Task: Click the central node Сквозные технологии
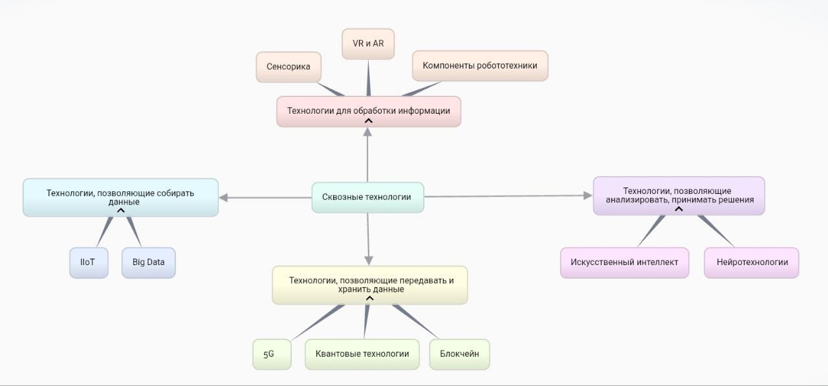pyautogui.click(x=367, y=197)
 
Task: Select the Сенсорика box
pyautogui.click(x=288, y=67)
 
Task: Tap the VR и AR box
pyautogui.click(x=367, y=43)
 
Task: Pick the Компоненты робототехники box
pyautogui.click(x=479, y=65)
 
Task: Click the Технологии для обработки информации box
pyautogui.click(x=368, y=111)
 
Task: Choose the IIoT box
pyautogui.click(x=89, y=263)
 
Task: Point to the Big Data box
pyautogui.click(x=148, y=263)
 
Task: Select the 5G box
pyautogui.click(x=268, y=354)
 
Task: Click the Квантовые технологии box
pyautogui.click(x=362, y=354)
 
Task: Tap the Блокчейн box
pyautogui.click(x=459, y=354)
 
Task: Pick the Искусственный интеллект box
pyautogui.click(x=624, y=263)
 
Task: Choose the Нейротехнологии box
pyautogui.click(x=752, y=263)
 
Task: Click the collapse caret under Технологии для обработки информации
pyautogui.click(x=368, y=120)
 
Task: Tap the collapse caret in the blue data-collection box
pyautogui.click(x=120, y=210)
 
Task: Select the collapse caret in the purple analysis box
pyautogui.click(x=679, y=208)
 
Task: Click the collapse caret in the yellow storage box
pyautogui.click(x=369, y=298)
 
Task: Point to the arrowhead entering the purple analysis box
pyautogui.click(x=588, y=195)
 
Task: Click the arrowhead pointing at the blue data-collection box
pyautogui.click(x=224, y=197)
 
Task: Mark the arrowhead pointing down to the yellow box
pyautogui.click(x=369, y=260)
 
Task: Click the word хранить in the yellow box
pyautogui.click(x=354, y=290)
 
